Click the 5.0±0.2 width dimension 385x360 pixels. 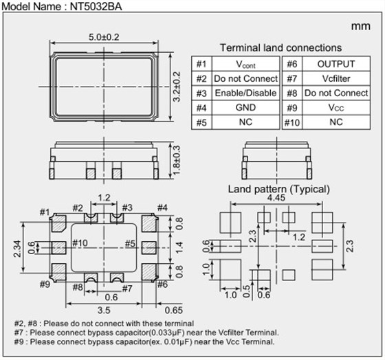104,37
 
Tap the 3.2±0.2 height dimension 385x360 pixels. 177,87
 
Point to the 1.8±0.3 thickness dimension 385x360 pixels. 177,160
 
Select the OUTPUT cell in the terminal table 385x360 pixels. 336,64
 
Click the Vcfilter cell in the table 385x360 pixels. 336,78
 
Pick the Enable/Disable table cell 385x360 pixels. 245,93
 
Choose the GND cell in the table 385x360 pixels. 245,107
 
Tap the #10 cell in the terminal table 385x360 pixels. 292,122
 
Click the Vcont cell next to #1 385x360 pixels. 245,65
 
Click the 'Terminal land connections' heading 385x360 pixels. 280,47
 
